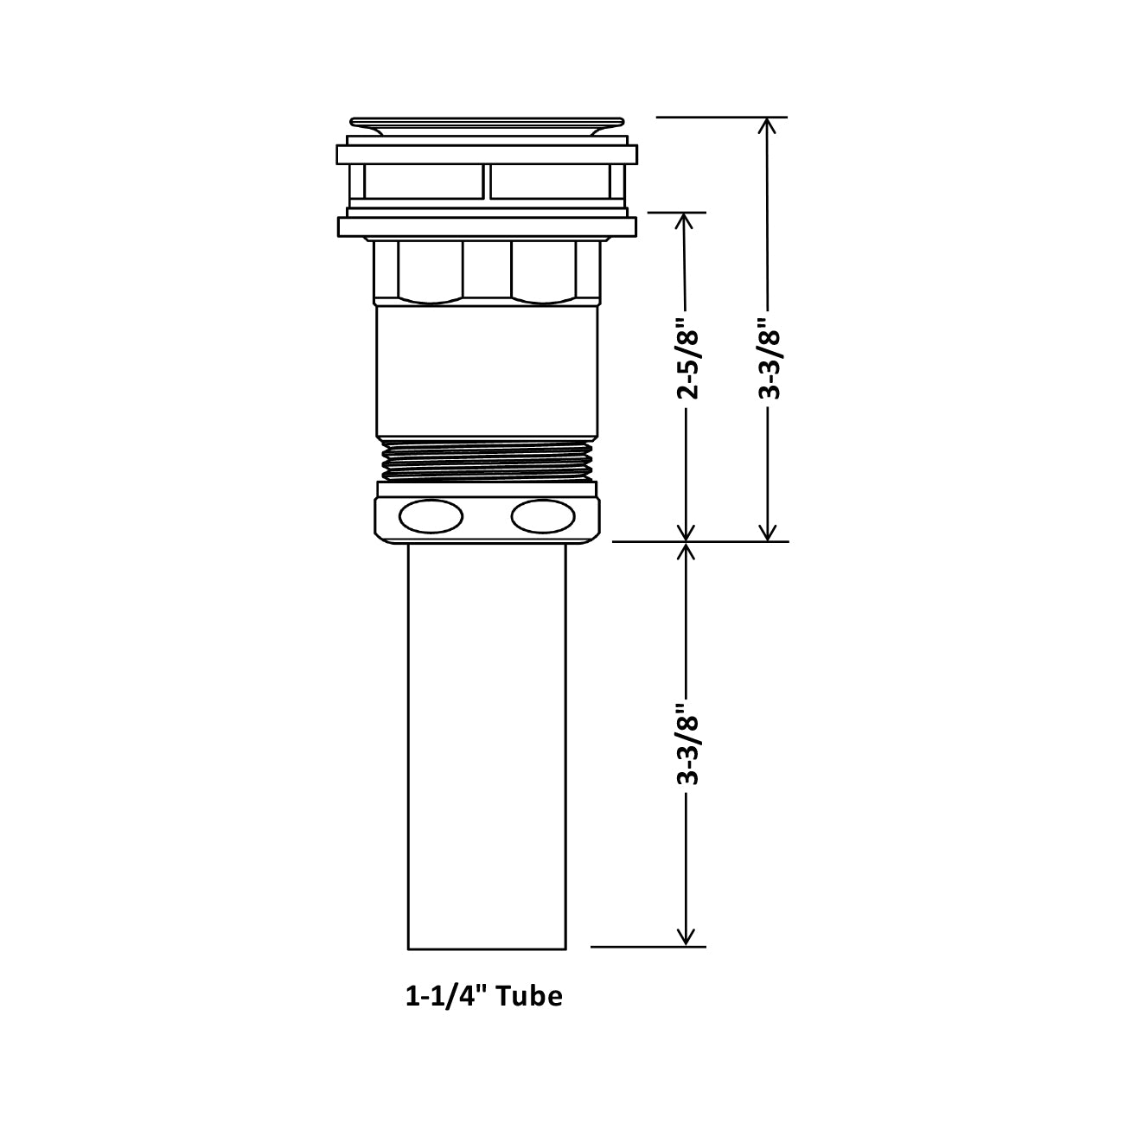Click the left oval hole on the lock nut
pyautogui.click(x=430, y=517)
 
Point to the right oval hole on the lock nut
pyautogui.click(x=542, y=517)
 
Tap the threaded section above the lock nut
pyautogui.click(x=487, y=459)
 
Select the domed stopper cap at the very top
pyautogui.click(x=487, y=125)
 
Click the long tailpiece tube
pyautogui.click(x=487, y=744)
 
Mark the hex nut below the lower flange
pyautogui.click(x=487, y=271)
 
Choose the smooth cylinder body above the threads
pyautogui.click(x=487, y=372)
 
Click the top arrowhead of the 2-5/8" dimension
pyautogui.click(x=686, y=222)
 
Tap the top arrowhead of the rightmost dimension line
pyautogui.click(x=767, y=127)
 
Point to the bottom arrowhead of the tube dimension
pyautogui.click(x=687, y=936)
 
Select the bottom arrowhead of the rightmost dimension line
pyautogui.click(x=767, y=532)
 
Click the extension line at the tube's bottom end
pyautogui.click(x=648, y=947)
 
